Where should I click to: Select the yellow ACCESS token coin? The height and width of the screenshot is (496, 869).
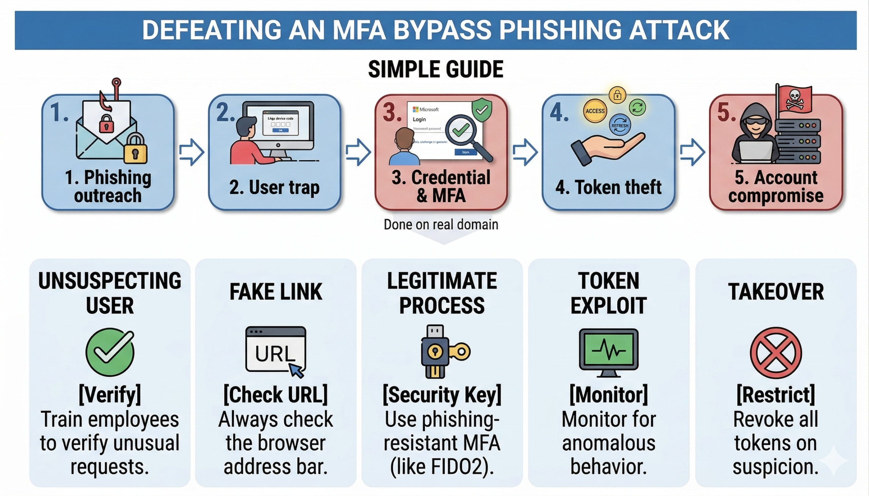click(x=595, y=111)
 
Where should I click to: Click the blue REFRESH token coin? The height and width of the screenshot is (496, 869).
click(x=620, y=125)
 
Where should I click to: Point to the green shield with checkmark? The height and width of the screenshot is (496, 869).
click(x=482, y=110)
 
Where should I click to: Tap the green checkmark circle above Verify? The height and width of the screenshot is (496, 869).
click(x=110, y=352)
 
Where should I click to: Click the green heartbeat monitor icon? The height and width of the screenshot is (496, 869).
click(x=609, y=351)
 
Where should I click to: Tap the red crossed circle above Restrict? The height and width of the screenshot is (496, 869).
click(x=776, y=353)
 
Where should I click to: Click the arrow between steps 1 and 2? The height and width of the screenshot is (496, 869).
click(x=192, y=152)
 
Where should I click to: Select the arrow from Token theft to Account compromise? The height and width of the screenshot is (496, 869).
click(x=692, y=152)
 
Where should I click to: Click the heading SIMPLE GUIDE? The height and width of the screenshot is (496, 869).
click(x=436, y=70)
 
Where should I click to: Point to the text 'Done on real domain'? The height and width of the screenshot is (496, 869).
click(x=441, y=225)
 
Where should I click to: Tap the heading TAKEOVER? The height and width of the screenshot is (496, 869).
click(x=776, y=292)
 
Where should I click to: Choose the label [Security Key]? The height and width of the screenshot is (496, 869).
click(x=442, y=395)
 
